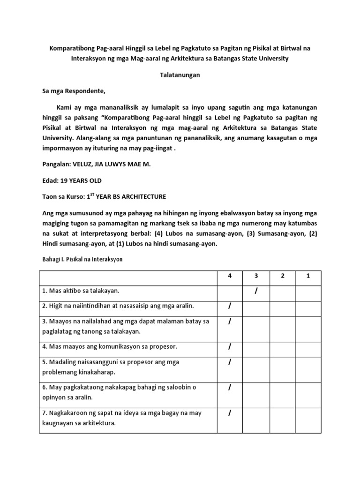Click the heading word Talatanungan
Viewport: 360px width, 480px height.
[x=180, y=75]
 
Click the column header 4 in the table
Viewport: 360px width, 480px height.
[x=230, y=276]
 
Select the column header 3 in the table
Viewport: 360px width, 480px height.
[x=256, y=276]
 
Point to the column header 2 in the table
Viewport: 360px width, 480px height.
[x=282, y=276]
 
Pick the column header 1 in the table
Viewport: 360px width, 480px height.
[x=308, y=276]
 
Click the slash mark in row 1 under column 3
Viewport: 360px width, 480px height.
[x=256, y=292]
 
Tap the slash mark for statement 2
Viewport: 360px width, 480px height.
[x=230, y=307]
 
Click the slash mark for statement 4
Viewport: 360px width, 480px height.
[x=230, y=347]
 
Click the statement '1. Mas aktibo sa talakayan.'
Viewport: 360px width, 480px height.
[x=81, y=291]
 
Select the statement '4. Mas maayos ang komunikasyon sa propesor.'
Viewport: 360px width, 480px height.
[x=103, y=347]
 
